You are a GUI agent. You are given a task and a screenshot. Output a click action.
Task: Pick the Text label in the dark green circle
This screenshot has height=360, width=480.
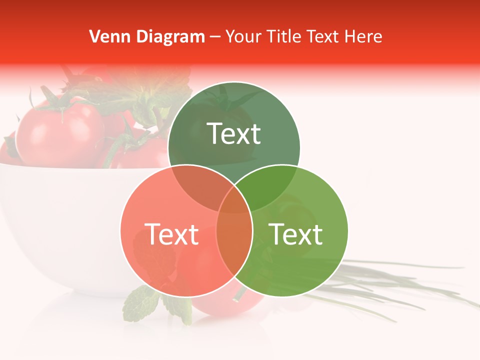(234, 133)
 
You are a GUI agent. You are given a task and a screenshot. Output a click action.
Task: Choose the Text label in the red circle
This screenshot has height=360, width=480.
(171, 234)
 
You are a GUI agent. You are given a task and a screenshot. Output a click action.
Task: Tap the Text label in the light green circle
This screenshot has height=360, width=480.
(296, 234)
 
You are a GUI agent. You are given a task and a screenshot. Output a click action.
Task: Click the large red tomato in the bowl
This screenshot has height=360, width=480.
(60, 132)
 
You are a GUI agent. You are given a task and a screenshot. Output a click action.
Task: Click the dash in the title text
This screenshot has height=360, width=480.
(215, 37)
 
